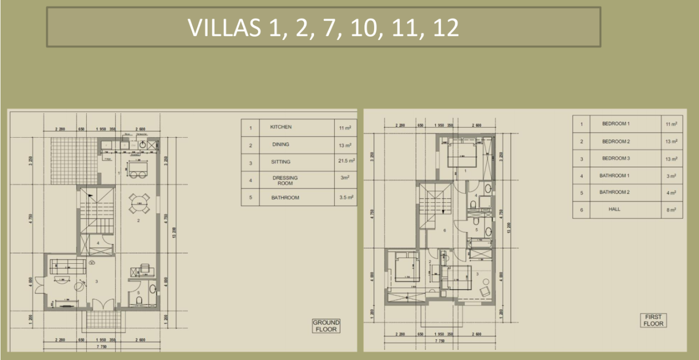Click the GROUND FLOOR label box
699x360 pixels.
pyautogui.click(x=326, y=326)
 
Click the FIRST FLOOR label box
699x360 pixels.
pyautogui.click(x=653, y=320)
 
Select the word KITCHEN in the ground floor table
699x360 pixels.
pyautogui.click(x=281, y=127)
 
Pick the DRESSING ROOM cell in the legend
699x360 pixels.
pyautogui.click(x=285, y=180)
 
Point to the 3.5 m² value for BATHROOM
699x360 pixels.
pyautogui.click(x=345, y=197)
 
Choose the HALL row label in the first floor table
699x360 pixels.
pyautogui.click(x=614, y=209)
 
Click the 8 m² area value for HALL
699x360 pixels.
pyautogui.click(x=672, y=209)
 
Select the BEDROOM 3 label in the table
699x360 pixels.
pyautogui.click(x=616, y=158)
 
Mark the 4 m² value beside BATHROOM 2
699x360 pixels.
pyautogui.click(x=672, y=192)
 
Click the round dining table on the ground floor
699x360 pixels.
pyautogui.click(x=139, y=204)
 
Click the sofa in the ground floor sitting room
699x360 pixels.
pyautogui.click(x=68, y=267)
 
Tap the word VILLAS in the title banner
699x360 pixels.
pyautogui.click(x=224, y=28)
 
